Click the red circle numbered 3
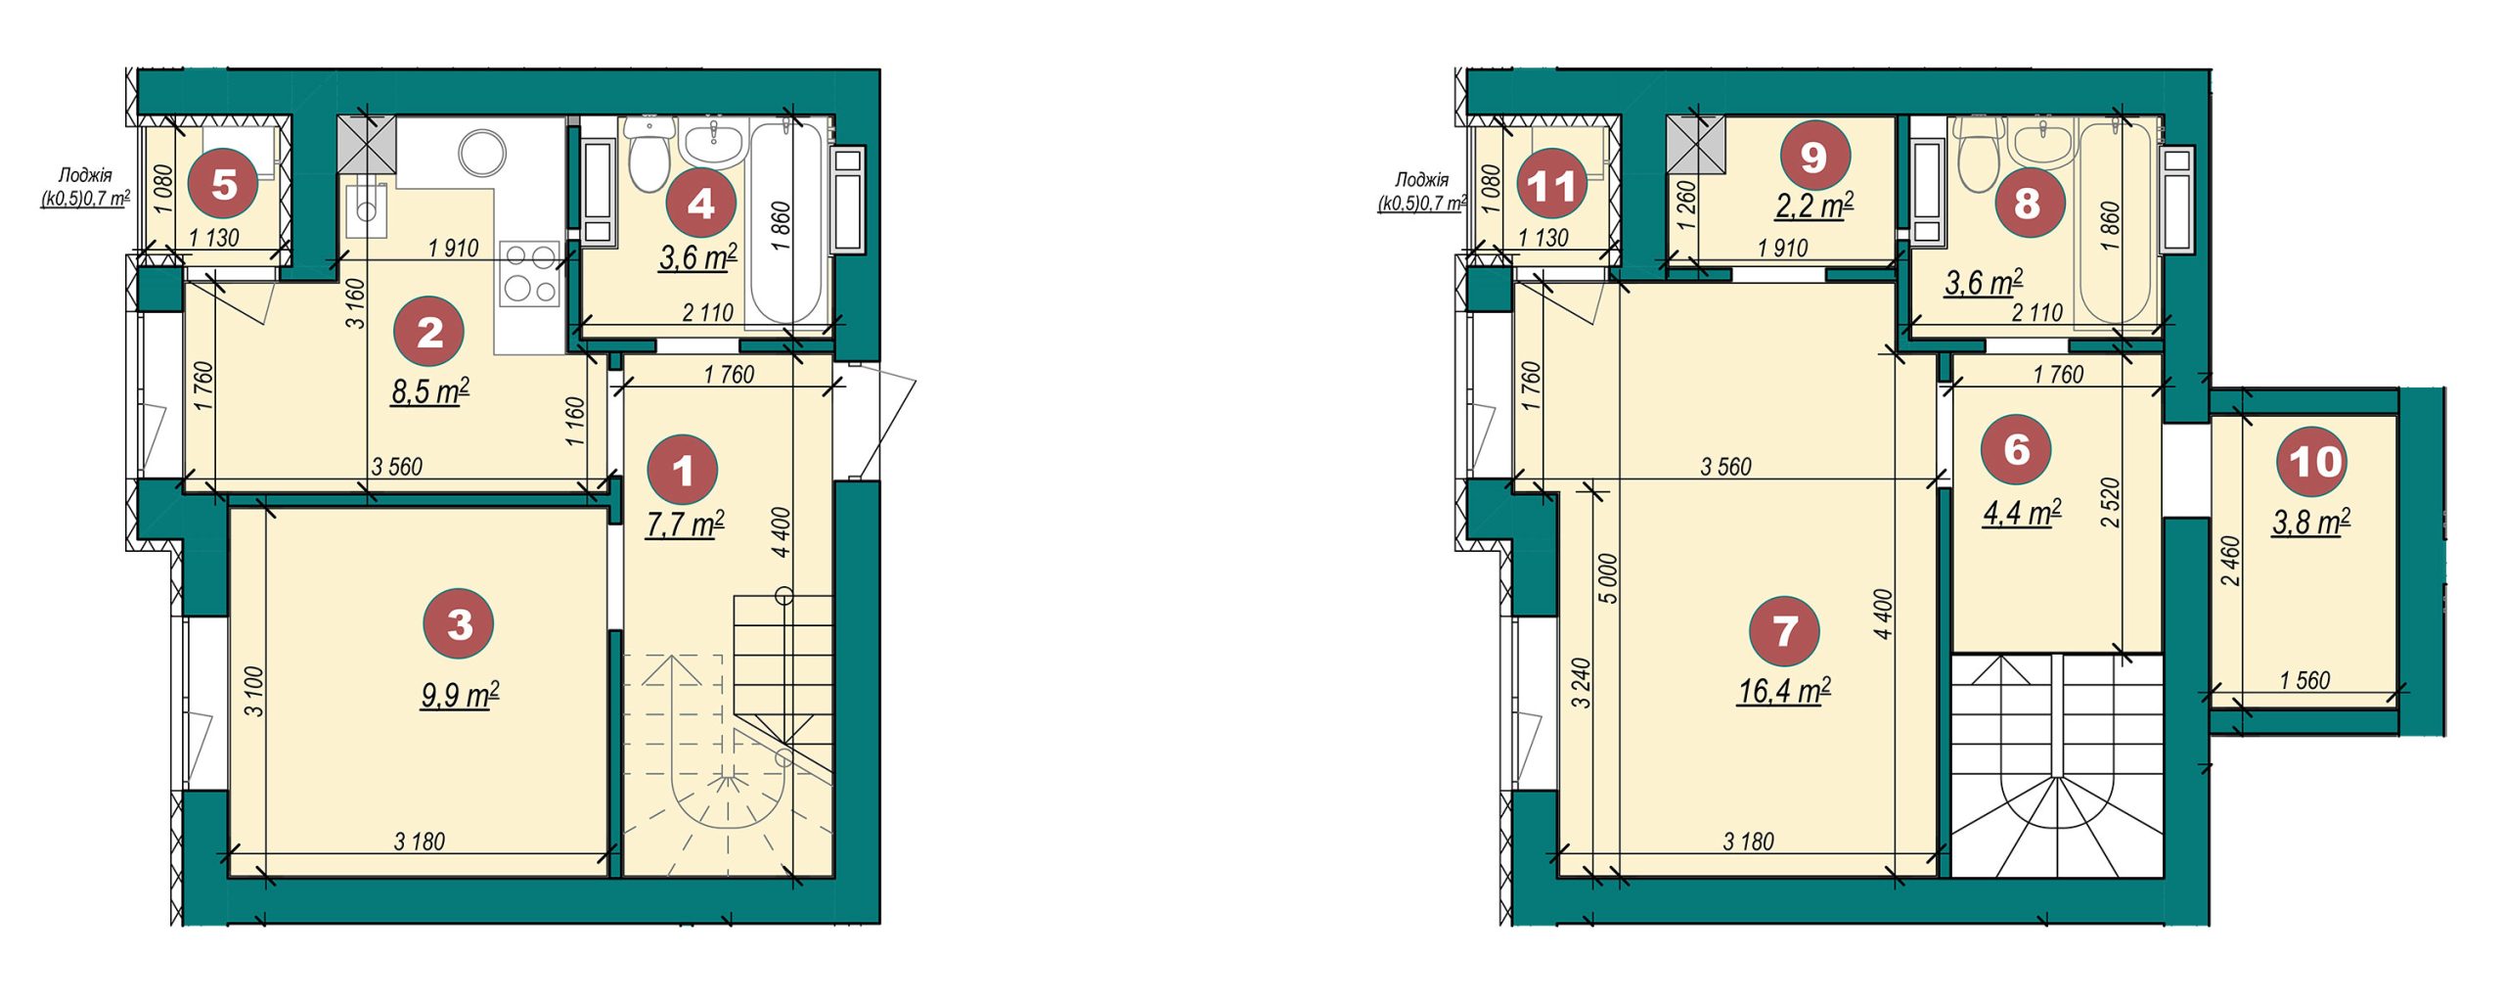point(459,624)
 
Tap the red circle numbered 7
point(1785,631)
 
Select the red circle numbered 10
point(2315,461)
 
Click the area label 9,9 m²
point(460,696)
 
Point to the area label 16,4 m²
point(1784,691)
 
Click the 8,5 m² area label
point(430,391)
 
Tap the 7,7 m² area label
point(685,524)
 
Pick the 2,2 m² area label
point(1814,205)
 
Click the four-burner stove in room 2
point(530,272)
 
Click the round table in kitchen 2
point(483,154)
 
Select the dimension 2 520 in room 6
point(2112,503)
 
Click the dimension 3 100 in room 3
point(254,692)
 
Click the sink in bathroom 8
point(2040,145)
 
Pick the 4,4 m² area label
point(2022,513)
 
